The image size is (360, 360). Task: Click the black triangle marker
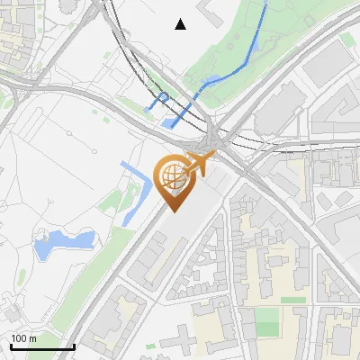click(x=181, y=24)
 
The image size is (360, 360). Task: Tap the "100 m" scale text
click(x=23, y=338)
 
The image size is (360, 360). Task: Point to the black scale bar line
click(x=42, y=347)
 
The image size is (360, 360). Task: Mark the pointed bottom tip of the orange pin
click(x=172, y=211)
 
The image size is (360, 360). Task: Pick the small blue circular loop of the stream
click(x=163, y=96)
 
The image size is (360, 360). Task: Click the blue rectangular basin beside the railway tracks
click(x=171, y=121)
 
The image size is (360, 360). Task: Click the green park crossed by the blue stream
click(x=270, y=45)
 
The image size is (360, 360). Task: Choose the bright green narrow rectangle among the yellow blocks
click(x=293, y=300)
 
